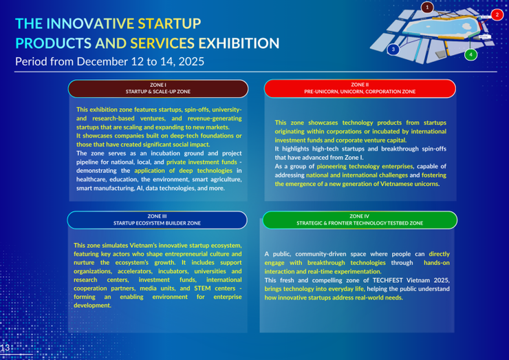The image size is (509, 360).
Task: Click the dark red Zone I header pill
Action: (158, 88)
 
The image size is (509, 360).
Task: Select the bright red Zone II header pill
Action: (360, 88)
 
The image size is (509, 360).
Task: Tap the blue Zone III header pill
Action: (157, 220)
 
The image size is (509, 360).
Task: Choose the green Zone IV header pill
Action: (360, 220)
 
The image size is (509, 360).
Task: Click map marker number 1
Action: (427, 8)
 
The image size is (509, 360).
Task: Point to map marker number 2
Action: (497, 14)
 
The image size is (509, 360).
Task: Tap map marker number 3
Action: (393, 50)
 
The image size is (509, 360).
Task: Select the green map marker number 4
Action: (470, 54)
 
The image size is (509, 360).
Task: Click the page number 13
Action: (6, 348)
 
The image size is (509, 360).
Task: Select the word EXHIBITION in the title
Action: (239, 43)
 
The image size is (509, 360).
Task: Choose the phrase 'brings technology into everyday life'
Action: (314, 289)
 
